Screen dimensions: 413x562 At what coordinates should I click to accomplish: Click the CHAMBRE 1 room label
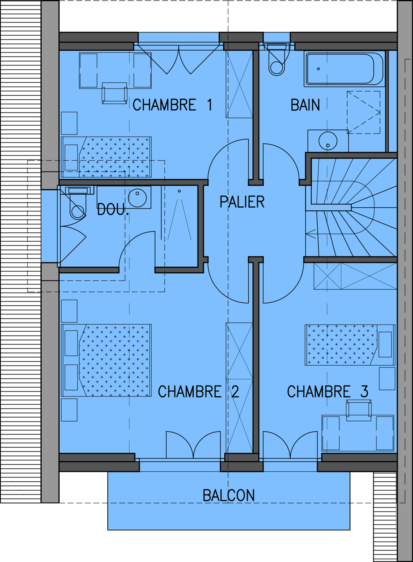tap(172, 105)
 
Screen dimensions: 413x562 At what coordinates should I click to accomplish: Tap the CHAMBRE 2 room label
tap(198, 391)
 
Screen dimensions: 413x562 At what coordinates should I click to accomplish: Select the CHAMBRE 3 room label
tap(328, 391)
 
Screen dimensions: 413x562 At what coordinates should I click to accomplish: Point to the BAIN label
tap(305, 105)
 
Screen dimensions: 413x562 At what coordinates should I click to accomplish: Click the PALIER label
tap(242, 202)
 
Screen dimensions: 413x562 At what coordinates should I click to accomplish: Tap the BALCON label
tap(229, 495)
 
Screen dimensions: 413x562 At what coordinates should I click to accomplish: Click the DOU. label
tap(113, 209)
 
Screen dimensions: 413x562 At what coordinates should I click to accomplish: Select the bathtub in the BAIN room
tap(344, 69)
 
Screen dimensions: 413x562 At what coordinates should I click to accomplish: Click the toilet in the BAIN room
tap(277, 60)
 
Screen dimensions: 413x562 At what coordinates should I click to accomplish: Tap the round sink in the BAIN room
tap(328, 140)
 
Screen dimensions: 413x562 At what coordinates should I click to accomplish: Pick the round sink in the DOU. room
tap(137, 198)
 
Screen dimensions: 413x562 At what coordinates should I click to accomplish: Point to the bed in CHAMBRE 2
tap(107, 360)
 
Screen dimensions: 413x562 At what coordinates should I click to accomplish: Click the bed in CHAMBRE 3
tap(350, 345)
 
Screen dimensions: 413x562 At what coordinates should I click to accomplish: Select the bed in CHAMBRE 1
tap(107, 157)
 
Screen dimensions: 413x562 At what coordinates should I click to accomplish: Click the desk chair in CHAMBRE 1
tap(114, 93)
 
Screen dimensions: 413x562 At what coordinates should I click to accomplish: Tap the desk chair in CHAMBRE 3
tap(359, 411)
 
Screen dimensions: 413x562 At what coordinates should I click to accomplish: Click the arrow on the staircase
tap(311, 234)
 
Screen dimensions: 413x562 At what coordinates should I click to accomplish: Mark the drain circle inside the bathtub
tap(318, 69)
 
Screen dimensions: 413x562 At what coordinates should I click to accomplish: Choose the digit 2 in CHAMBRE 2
tap(235, 391)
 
